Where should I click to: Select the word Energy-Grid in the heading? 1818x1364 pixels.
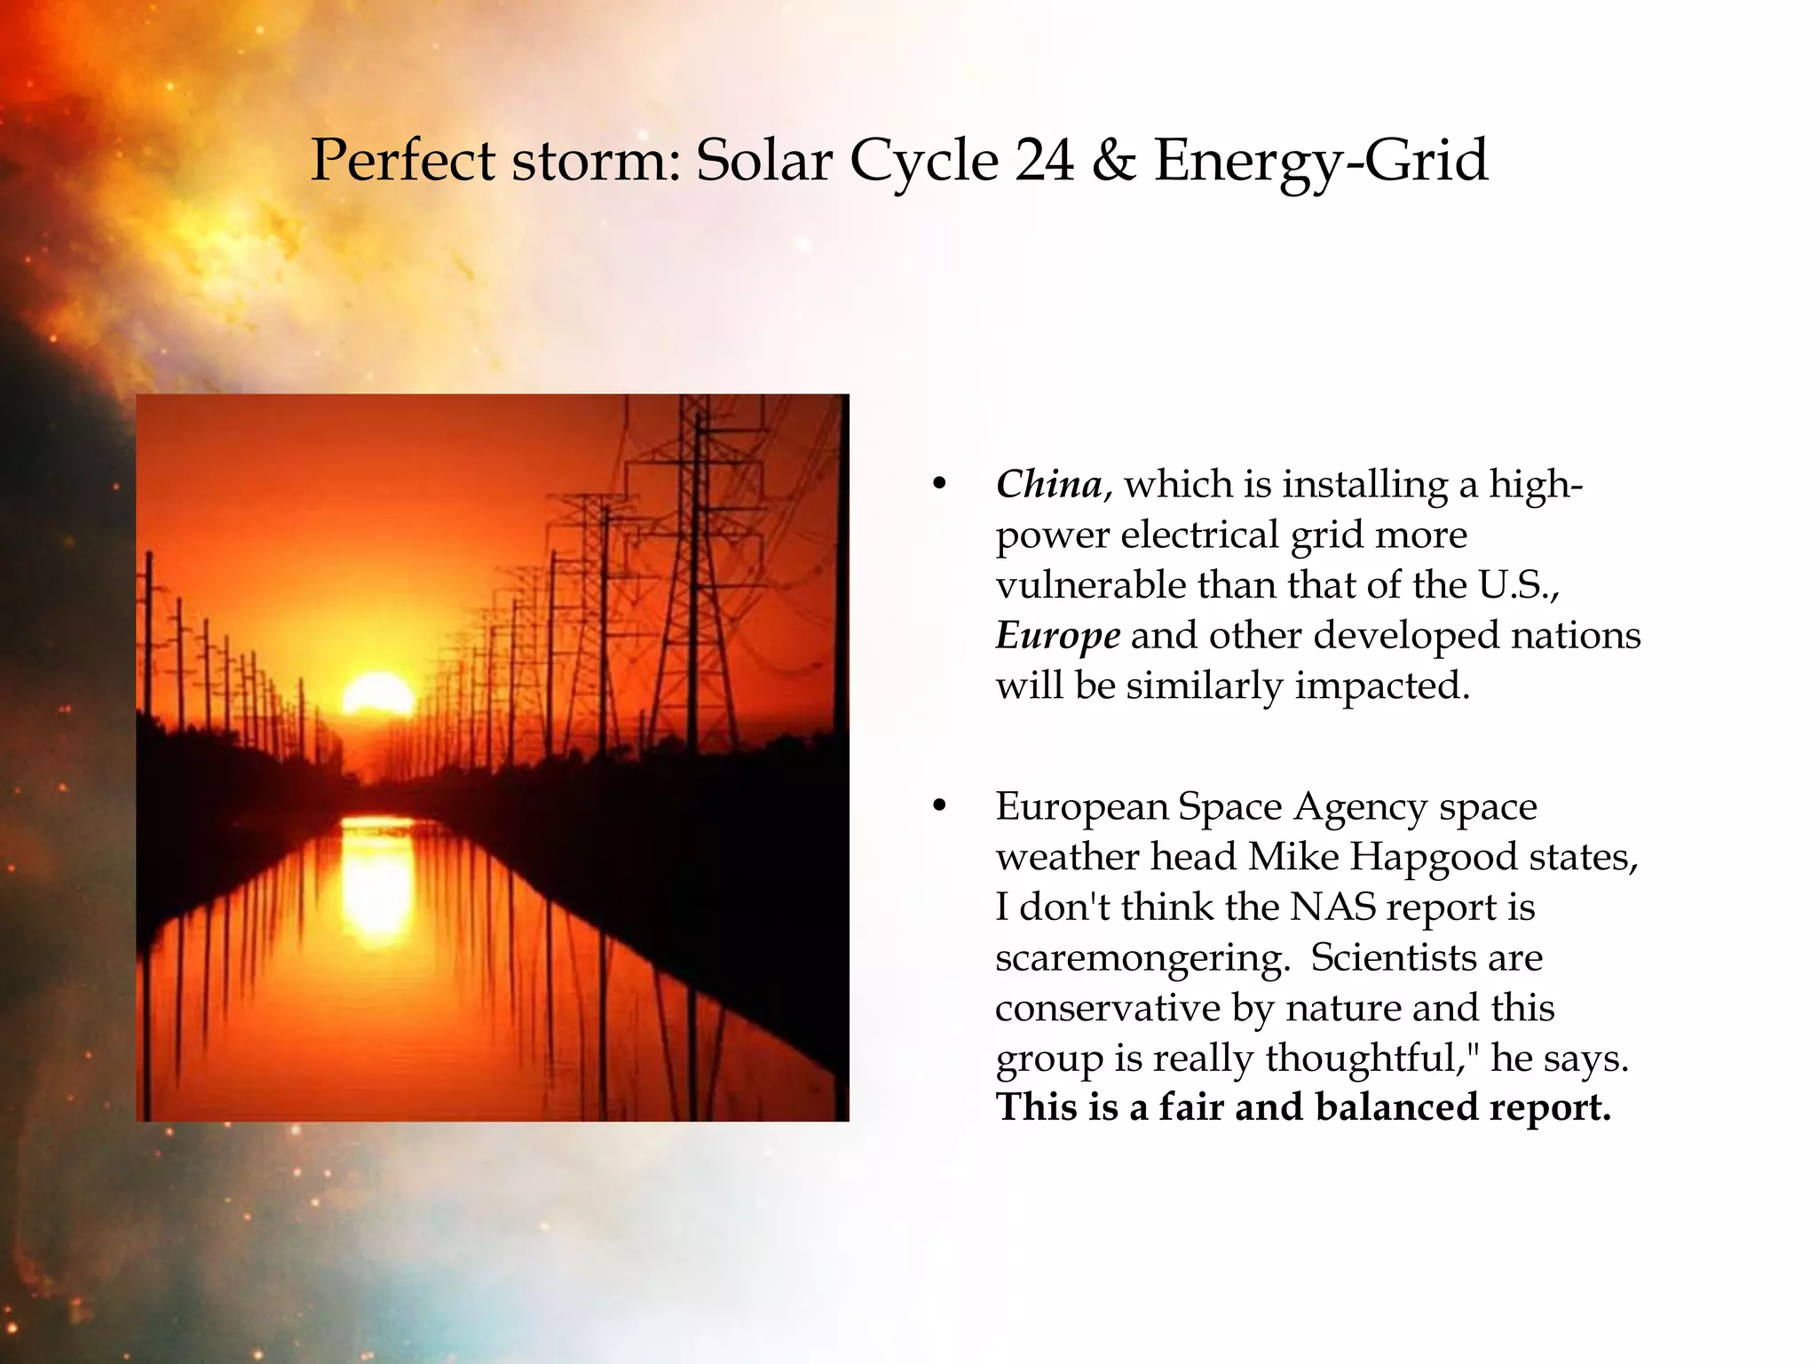1320,163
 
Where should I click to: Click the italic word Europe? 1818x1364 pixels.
1057,636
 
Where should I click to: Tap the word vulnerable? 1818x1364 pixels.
1091,585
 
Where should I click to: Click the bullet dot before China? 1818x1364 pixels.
939,485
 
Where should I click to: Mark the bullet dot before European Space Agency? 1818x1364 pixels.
939,807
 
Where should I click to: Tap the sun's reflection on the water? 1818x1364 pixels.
376,879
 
